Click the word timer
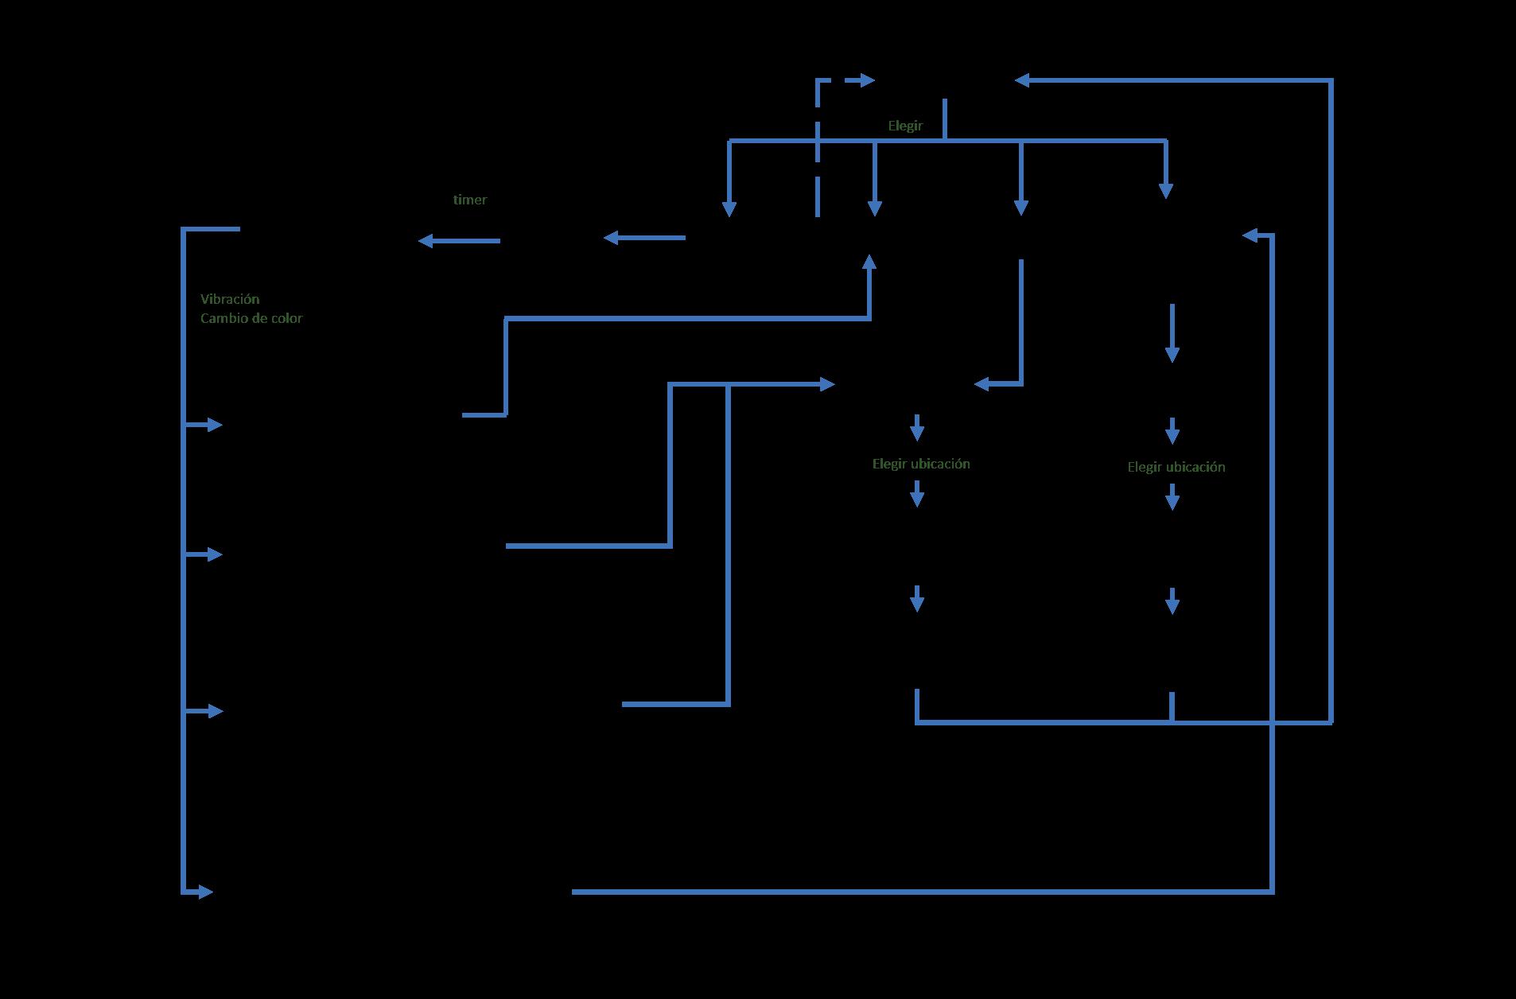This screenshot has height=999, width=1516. pyautogui.click(x=469, y=200)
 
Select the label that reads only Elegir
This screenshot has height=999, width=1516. pyautogui.click(x=905, y=126)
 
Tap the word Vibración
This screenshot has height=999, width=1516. pyautogui.click(x=230, y=299)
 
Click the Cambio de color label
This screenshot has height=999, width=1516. pyautogui.click(x=251, y=318)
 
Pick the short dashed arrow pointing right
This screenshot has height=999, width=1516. pyautogui.click(x=859, y=80)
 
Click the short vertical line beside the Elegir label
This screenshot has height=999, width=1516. pyautogui.click(x=944, y=119)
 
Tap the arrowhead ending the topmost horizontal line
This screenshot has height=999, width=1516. pyautogui.click(x=1023, y=80)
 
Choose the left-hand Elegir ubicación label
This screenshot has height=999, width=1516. pyautogui.click(x=921, y=464)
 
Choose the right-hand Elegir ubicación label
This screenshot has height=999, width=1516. pyautogui.click(x=1176, y=467)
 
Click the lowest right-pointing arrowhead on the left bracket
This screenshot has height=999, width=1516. pyautogui.click(x=205, y=892)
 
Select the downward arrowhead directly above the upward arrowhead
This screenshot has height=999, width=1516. pyautogui.click(x=875, y=208)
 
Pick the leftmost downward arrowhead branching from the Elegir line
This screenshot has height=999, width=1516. pyautogui.click(x=729, y=208)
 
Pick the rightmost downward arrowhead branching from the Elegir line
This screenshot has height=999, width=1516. pyautogui.click(x=1166, y=191)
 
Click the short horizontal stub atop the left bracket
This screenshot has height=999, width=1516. pyautogui.click(x=212, y=229)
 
